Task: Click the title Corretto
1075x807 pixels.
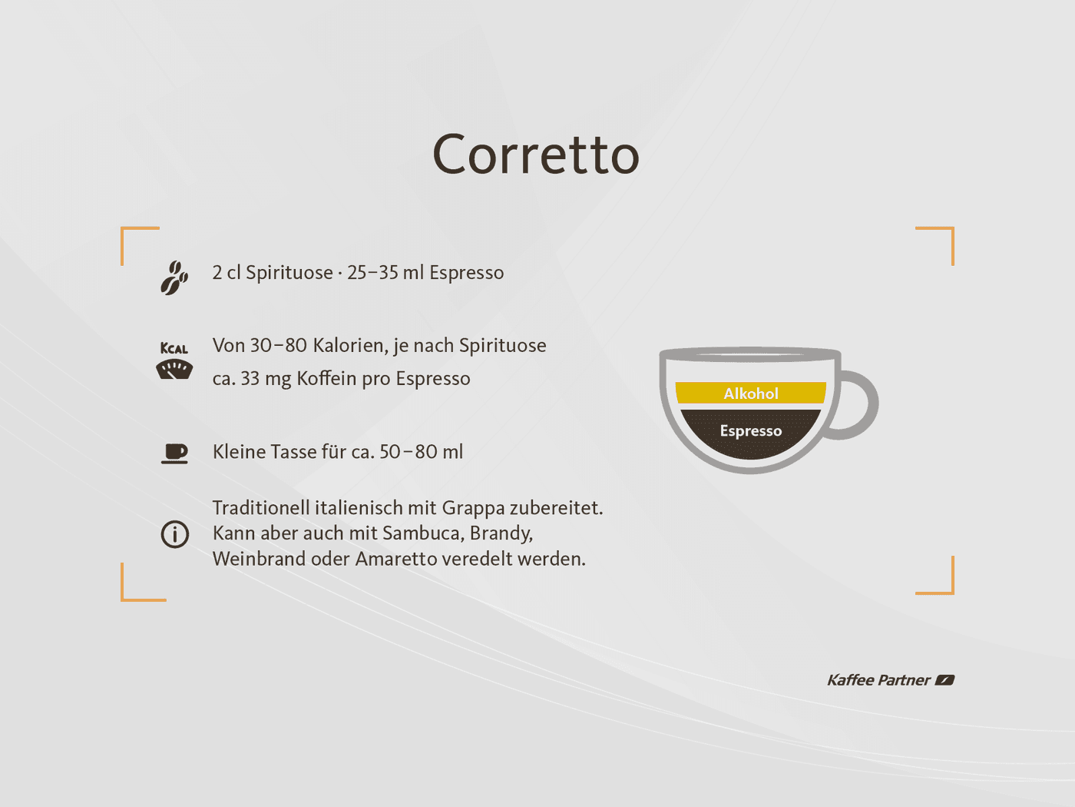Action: coord(536,154)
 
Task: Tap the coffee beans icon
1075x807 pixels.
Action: coord(174,277)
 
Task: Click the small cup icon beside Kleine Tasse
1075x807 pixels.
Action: coord(175,453)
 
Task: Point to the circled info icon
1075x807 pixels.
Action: coord(175,533)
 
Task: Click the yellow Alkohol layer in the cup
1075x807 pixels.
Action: coord(750,394)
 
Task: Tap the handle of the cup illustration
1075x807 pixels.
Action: coord(865,403)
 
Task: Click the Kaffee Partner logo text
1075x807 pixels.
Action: coord(878,680)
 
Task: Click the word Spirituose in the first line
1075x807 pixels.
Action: coord(289,273)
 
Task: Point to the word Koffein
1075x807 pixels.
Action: coord(326,379)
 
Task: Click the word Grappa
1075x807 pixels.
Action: coord(473,509)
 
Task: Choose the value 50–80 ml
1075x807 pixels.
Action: coord(421,452)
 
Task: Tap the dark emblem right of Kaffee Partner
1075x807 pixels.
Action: coord(944,680)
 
